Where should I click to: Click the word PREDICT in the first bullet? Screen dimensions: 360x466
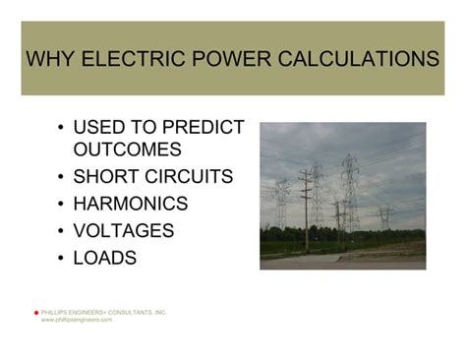pyautogui.click(x=202, y=128)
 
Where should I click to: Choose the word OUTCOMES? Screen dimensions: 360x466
pyautogui.click(x=128, y=150)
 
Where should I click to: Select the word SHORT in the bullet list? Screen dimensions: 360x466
pyautogui.click(x=107, y=177)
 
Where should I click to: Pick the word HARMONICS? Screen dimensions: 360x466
pyautogui.click(x=130, y=204)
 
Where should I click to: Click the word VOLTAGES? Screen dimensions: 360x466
pyautogui.click(x=124, y=231)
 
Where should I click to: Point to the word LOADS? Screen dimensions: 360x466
pyautogui.click(x=104, y=258)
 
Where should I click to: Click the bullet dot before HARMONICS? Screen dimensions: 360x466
pyautogui.click(x=61, y=205)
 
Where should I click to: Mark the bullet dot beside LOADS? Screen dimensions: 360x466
pyautogui.click(x=61, y=259)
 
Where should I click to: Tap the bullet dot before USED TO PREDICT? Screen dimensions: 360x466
pyautogui.click(x=61, y=129)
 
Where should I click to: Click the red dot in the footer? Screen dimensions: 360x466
pyautogui.click(x=35, y=313)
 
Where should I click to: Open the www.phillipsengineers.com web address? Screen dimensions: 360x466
pyautogui.click(x=77, y=320)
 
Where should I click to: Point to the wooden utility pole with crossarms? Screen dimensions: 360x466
pyautogui.click(x=305, y=202)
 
